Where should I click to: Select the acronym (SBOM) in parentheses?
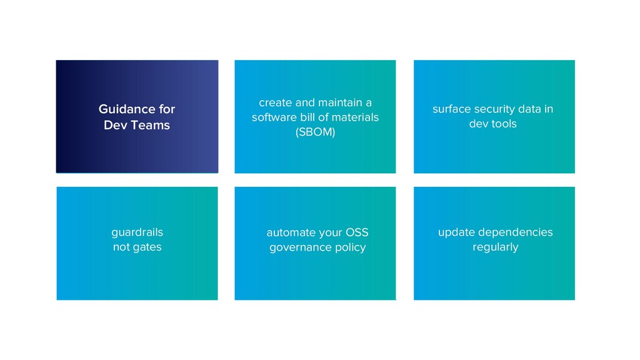point(315,132)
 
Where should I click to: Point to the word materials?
point(356,117)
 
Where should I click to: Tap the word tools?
point(504,124)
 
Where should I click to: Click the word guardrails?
point(137,232)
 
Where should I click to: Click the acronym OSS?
point(356,233)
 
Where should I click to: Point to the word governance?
point(299,248)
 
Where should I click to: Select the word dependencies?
point(515,232)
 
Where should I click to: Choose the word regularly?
point(495,247)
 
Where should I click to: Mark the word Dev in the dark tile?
point(116,126)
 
